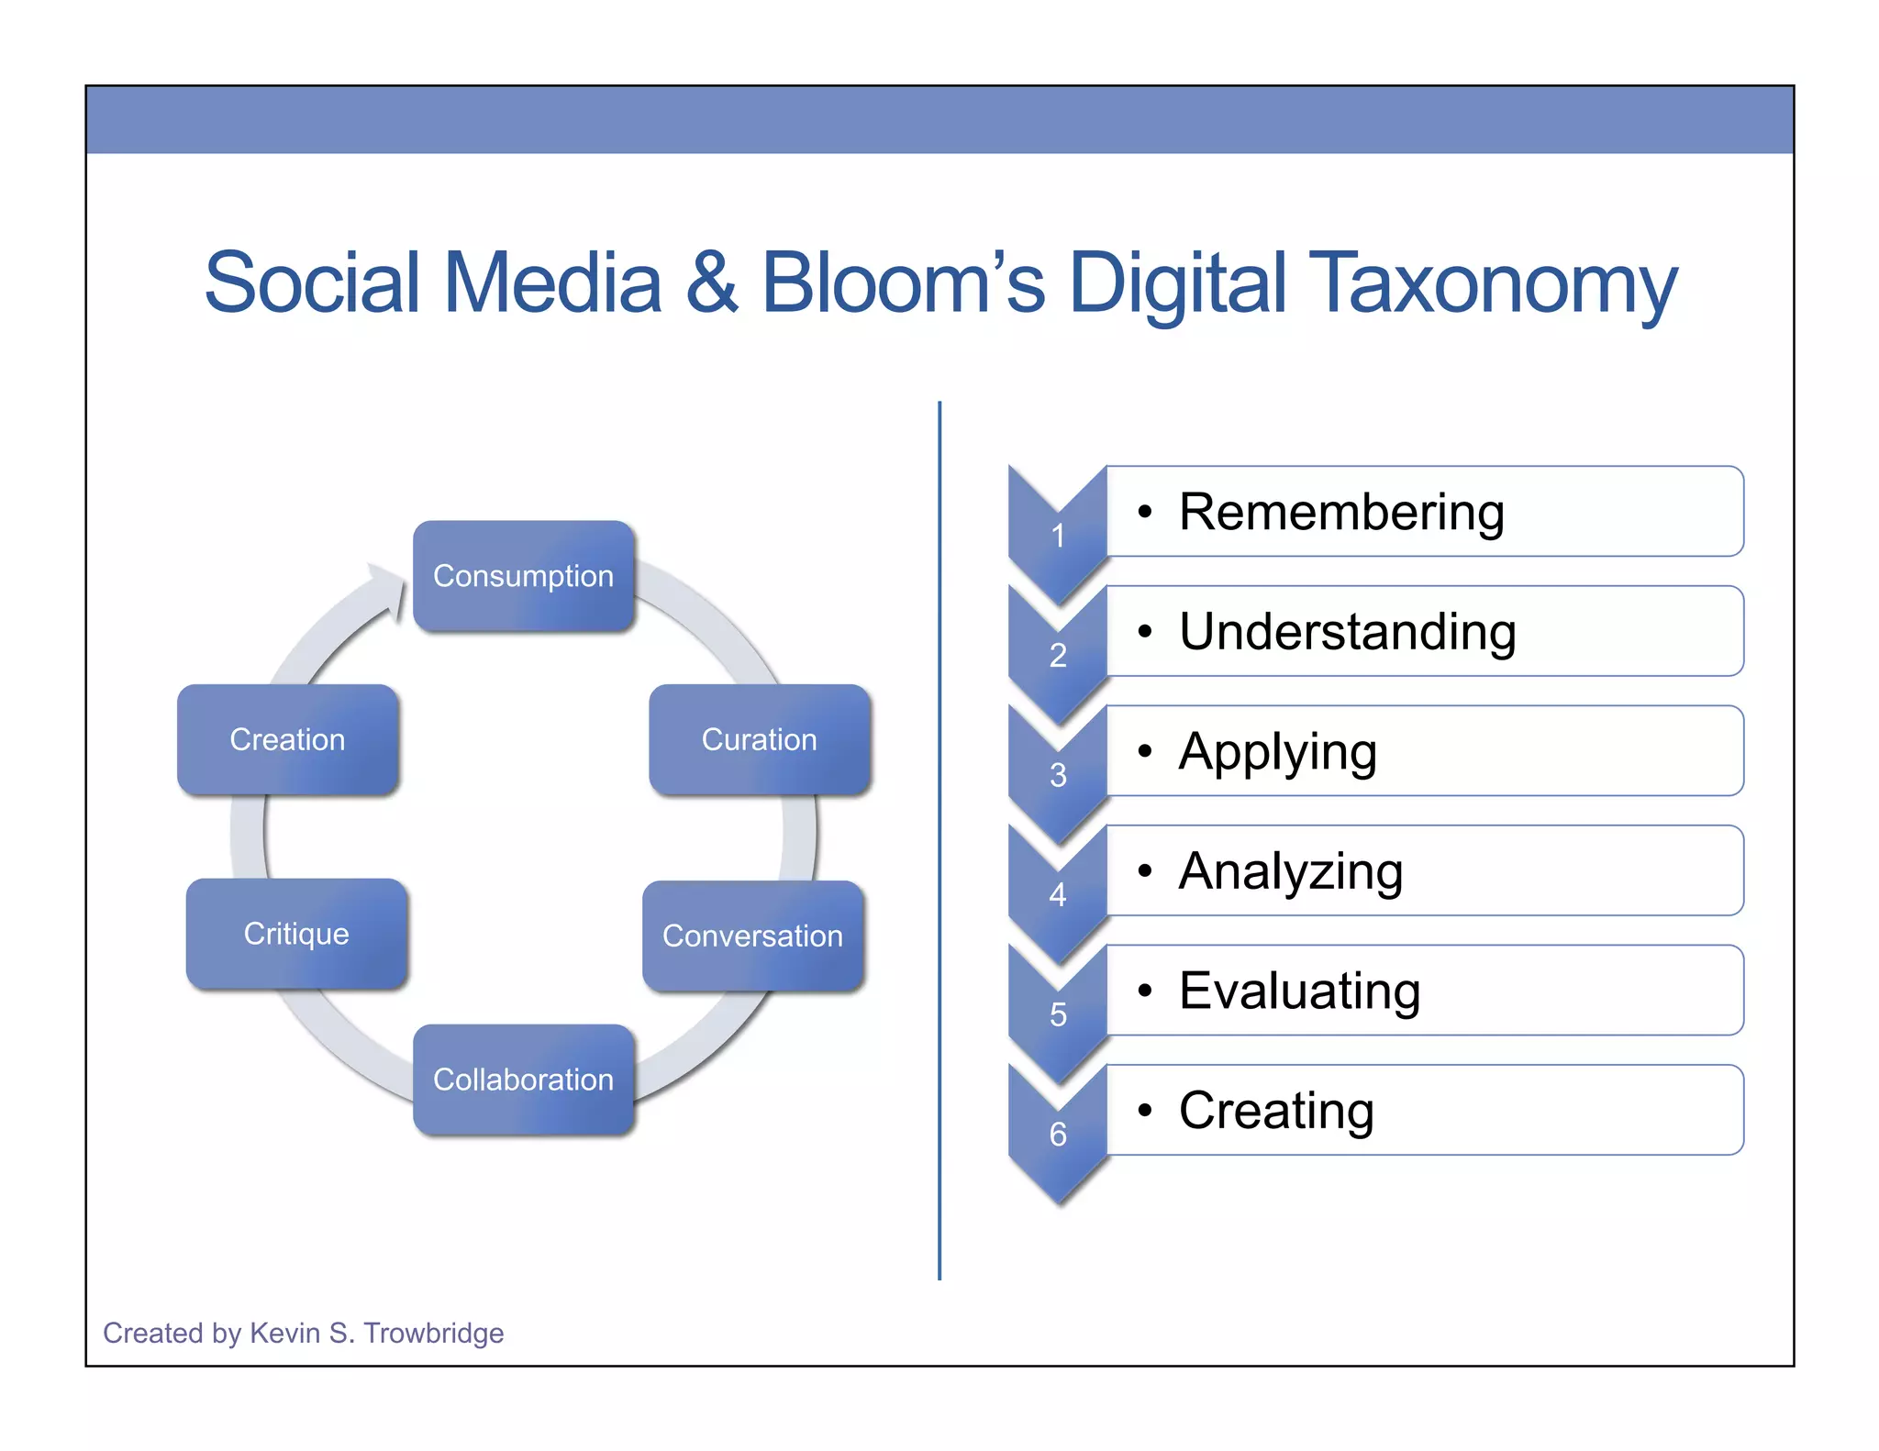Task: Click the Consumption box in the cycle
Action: click(x=523, y=576)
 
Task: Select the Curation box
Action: click(x=759, y=739)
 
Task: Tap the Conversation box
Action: click(x=752, y=936)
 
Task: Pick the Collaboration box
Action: click(x=523, y=1080)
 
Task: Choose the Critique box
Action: click(x=296, y=934)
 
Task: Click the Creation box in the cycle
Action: click(x=287, y=739)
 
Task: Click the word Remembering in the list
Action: click(x=1341, y=512)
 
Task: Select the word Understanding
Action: click(x=1347, y=631)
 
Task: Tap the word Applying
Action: click(x=1277, y=752)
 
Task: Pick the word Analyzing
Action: click(x=1291, y=871)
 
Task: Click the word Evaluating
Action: click(x=1299, y=991)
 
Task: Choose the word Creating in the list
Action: click(x=1276, y=1111)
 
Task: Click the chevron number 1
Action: click(x=1058, y=536)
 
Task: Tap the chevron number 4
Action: click(x=1058, y=894)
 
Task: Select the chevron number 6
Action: click(x=1058, y=1135)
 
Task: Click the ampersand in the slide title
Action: click(x=711, y=282)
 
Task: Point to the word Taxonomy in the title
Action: click(x=1493, y=282)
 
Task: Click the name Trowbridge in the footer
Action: click(x=433, y=1333)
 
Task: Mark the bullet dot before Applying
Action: click(x=1144, y=751)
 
